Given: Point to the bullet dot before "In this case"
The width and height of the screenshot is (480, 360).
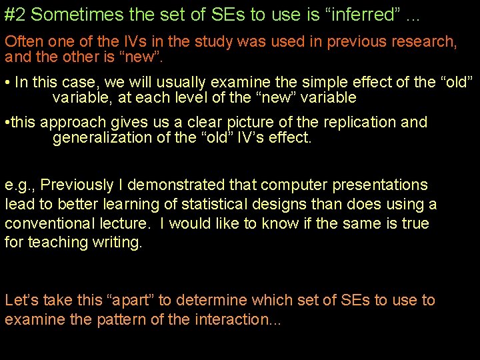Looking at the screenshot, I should click(x=7, y=83).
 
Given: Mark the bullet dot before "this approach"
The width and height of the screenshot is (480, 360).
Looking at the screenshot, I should click(x=7, y=123).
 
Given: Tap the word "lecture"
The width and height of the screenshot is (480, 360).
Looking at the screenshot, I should click(x=129, y=223).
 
